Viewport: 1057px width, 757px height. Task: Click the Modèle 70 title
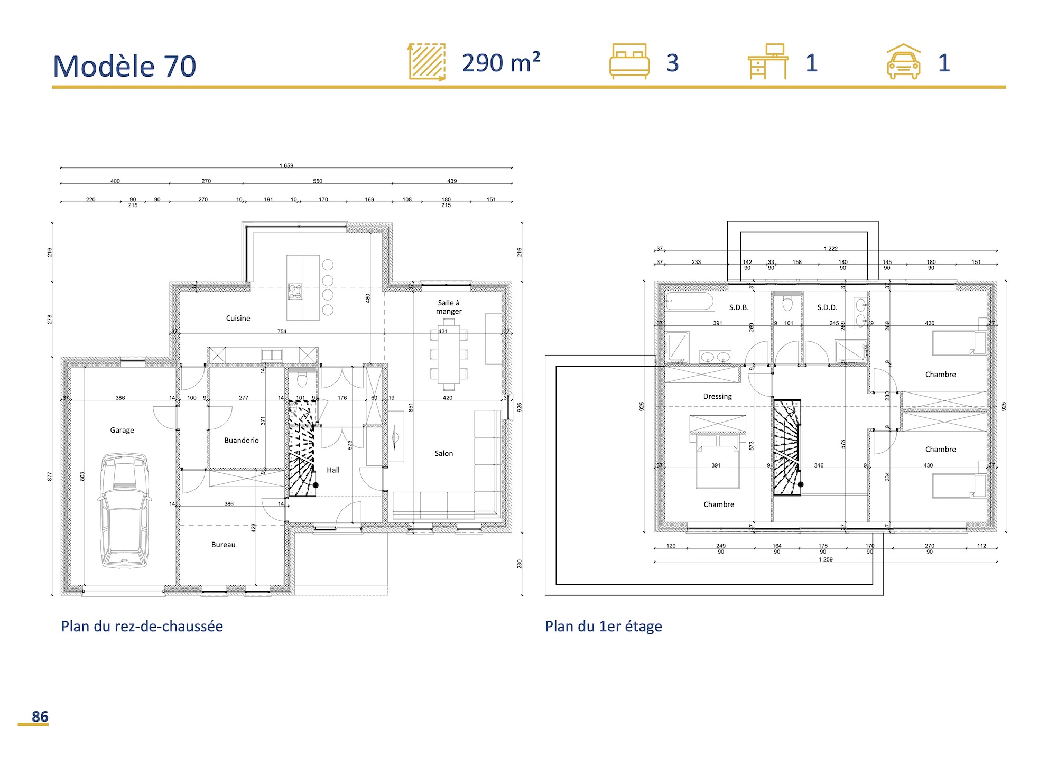coord(125,67)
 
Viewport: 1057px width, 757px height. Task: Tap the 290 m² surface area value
coord(500,63)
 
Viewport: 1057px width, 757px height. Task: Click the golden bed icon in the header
coord(629,61)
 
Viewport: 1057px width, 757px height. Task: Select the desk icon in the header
coord(768,61)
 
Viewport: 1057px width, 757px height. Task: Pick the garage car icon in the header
coord(903,62)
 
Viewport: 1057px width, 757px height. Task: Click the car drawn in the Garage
coord(124,510)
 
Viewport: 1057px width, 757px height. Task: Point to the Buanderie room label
coord(241,440)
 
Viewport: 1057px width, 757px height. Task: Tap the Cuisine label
coord(238,318)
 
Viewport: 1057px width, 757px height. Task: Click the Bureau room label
coord(223,545)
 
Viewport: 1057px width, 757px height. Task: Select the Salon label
coord(443,453)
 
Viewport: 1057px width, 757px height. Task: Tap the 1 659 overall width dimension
coord(286,165)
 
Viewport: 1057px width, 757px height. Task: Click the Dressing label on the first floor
coord(717,396)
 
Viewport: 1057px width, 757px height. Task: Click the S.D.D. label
coord(827,307)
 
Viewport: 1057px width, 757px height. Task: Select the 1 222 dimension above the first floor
coord(830,248)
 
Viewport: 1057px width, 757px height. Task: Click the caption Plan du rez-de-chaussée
coord(142,627)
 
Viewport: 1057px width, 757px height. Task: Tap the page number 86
coord(40,717)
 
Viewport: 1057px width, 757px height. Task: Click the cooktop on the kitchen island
coord(295,292)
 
